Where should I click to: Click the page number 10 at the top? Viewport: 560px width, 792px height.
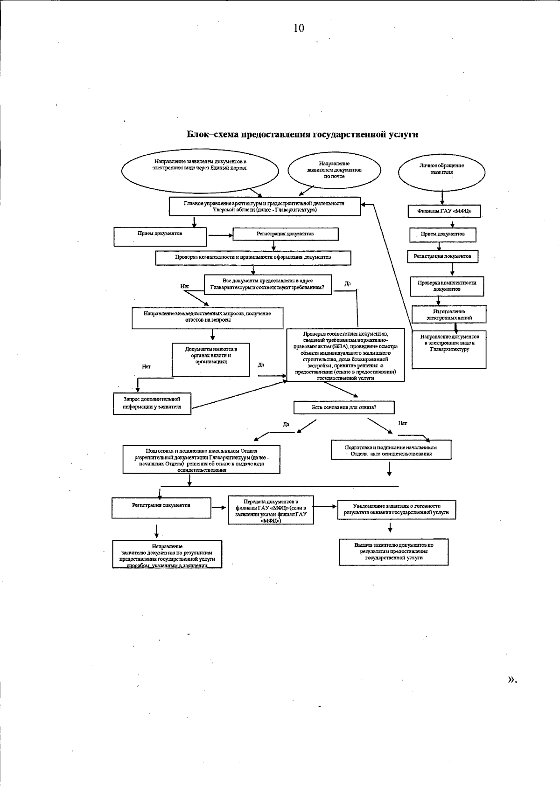(x=299, y=28)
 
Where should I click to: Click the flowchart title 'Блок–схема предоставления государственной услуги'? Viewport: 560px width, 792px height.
(x=302, y=135)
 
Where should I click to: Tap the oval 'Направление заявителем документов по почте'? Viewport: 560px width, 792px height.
(x=334, y=170)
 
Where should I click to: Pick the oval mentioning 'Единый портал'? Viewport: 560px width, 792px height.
(x=200, y=171)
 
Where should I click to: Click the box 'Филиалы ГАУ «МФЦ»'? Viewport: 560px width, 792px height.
(x=444, y=211)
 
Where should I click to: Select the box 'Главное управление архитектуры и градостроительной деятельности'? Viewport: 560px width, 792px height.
(x=265, y=207)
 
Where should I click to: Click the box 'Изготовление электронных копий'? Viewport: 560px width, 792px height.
(x=449, y=315)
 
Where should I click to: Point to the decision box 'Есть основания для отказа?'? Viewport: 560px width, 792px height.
(x=344, y=407)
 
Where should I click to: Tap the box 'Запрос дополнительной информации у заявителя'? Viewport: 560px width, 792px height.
(x=152, y=403)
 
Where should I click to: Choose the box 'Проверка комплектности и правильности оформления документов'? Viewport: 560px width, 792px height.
(x=253, y=257)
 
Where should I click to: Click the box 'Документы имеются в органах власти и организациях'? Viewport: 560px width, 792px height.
(x=211, y=359)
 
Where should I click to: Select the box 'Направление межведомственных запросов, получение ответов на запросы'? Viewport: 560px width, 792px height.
(x=207, y=317)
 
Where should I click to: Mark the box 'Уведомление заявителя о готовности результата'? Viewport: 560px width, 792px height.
(x=396, y=509)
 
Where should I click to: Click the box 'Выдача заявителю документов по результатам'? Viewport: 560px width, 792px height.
(x=393, y=551)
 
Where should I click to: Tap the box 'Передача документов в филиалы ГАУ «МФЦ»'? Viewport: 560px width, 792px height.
(x=271, y=510)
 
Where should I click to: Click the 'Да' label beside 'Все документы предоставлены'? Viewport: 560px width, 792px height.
(x=348, y=283)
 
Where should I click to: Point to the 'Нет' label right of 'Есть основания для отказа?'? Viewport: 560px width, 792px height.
(x=403, y=423)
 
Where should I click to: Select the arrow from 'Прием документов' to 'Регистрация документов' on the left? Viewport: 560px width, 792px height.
(x=220, y=235)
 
